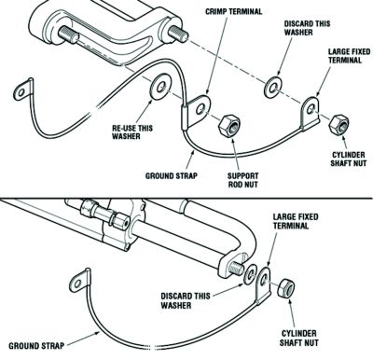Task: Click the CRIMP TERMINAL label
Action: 233,12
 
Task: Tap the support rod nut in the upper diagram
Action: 229,125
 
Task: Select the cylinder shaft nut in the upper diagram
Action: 339,125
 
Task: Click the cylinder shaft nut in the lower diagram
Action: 285,288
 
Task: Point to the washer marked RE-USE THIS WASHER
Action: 160,88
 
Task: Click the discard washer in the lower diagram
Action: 250,274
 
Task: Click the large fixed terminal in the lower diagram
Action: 263,284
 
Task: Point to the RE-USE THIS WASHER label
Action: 132,132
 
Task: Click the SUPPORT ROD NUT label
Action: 242,180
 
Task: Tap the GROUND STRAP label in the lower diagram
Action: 36,346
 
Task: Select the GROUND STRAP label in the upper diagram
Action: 171,176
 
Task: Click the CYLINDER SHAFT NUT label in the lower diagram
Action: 298,339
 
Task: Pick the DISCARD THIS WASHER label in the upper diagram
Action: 307,28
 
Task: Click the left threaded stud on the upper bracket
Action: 68,35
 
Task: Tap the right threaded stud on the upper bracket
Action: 178,33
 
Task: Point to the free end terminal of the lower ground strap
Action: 80,281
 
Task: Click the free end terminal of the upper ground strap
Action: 22,90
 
